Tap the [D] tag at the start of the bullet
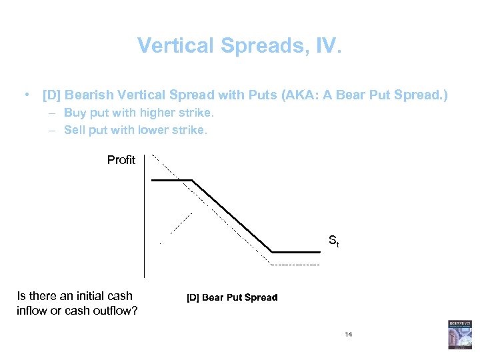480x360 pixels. point(51,95)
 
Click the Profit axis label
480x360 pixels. point(121,160)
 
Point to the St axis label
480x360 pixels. point(333,241)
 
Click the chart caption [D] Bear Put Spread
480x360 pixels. point(231,297)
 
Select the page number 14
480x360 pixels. point(348,334)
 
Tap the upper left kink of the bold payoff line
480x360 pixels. point(193,180)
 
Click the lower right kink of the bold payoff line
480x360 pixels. point(272,252)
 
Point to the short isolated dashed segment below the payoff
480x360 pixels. point(181,224)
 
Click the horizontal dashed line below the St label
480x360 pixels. point(295,265)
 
